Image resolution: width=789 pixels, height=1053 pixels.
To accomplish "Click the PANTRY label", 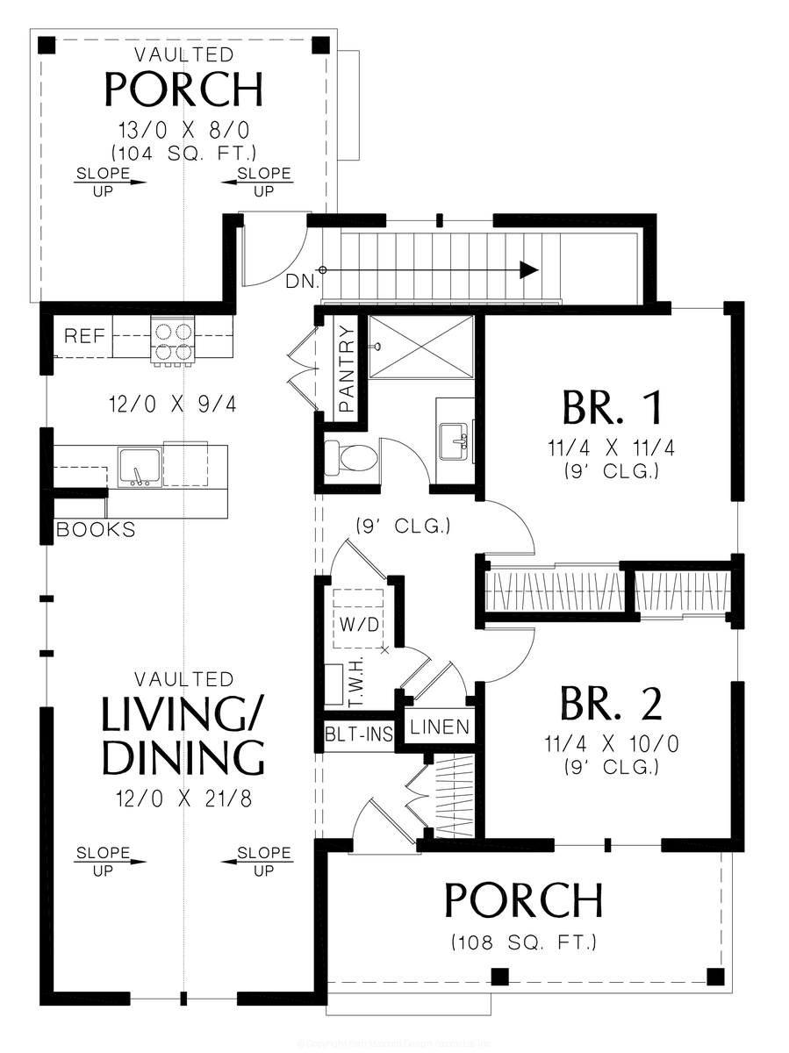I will click(348, 369).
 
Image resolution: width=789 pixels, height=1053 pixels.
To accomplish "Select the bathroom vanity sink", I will click(455, 436).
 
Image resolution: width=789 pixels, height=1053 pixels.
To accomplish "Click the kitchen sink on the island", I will click(140, 465).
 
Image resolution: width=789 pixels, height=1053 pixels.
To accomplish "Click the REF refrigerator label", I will click(84, 336).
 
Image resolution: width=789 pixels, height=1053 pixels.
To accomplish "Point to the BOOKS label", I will click(96, 530).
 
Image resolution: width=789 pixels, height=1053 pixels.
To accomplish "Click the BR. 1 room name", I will click(612, 407).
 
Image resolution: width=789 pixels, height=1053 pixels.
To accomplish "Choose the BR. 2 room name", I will click(612, 704).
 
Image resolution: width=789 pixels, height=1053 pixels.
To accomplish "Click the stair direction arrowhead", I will click(528, 270).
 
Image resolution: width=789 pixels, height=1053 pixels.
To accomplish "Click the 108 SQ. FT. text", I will click(524, 943).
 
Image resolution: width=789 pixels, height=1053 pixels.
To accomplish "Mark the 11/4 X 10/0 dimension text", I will click(612, 745).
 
